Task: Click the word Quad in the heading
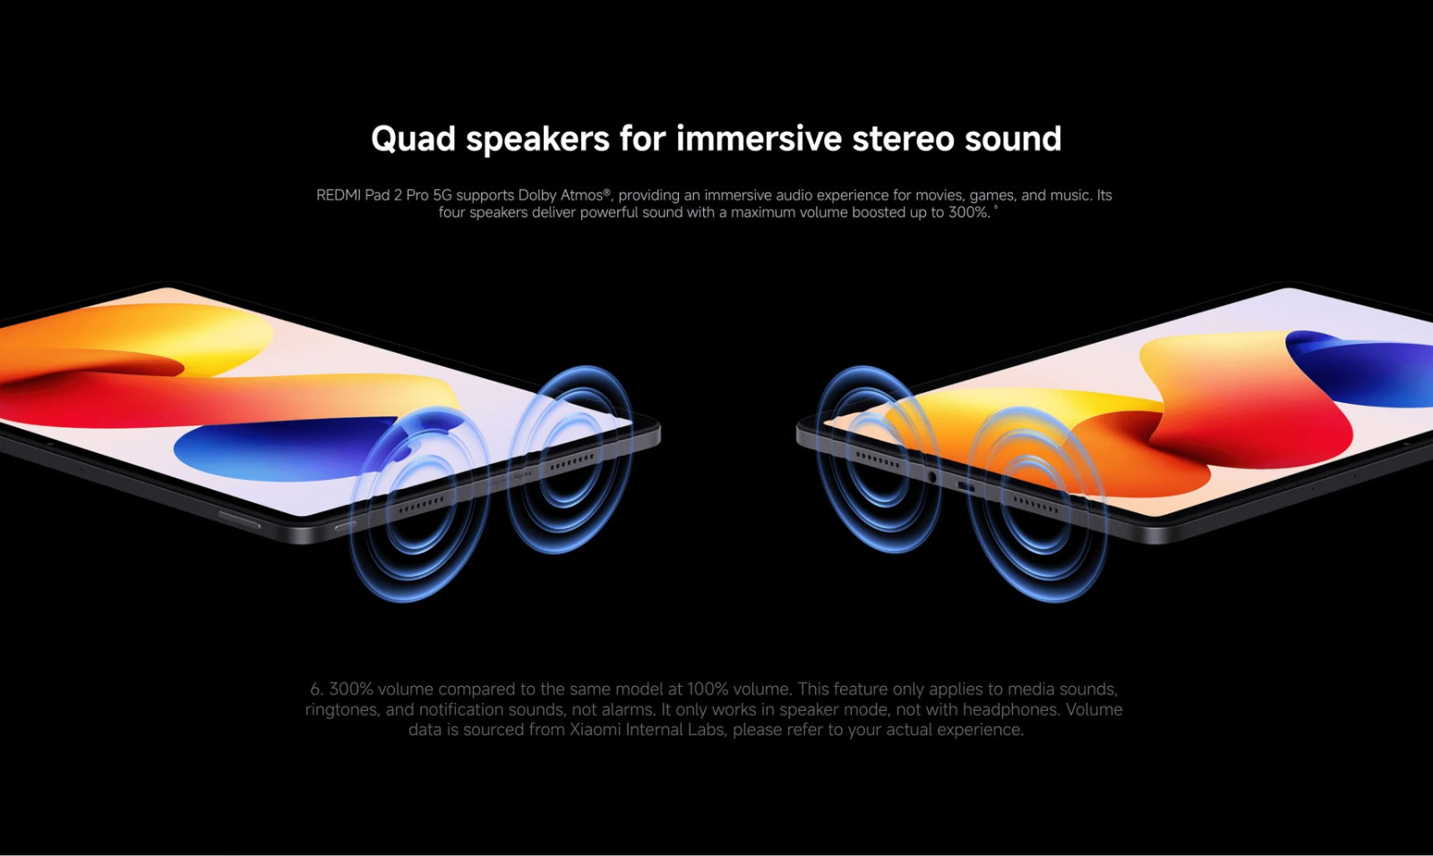(413, 139)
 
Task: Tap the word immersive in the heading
(759, 138)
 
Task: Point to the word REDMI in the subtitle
(339, 195)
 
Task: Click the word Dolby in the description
(537, 195)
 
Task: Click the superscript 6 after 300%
(996, 207)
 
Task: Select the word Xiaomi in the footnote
(595, 730)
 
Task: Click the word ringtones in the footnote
(342, 710)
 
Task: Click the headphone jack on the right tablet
(932, 476)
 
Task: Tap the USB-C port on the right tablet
(965, 488)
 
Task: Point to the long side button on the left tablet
(239, 519)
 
